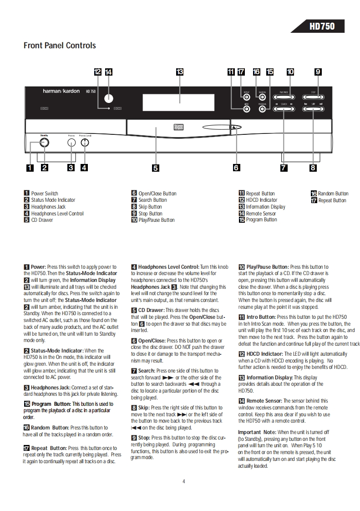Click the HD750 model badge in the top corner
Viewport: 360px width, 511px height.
point(322,26)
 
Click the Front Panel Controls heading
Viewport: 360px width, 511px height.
point(60,46)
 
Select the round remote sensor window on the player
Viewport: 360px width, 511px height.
point(108,98)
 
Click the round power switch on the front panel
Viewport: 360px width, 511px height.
point(44,143)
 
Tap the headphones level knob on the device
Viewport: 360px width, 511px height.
point(85,143)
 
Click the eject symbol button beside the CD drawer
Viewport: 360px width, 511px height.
point(234,128)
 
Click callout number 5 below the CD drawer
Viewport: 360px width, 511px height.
point(156,168)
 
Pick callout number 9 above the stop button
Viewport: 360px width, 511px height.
point(318,72)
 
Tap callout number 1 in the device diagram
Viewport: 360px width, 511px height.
point(30,167)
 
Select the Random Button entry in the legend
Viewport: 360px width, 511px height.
point(333,194)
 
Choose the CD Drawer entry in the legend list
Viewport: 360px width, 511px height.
point(42,220)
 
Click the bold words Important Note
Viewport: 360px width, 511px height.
point(257,432)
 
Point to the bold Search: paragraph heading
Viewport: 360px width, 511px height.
point(149,371)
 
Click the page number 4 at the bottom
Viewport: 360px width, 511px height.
point(184,481)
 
